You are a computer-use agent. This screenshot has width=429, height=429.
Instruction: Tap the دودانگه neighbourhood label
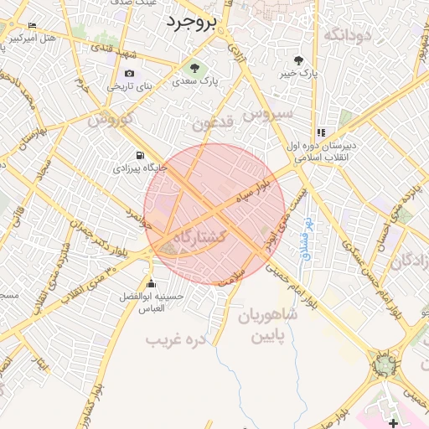click(x=346, y=34)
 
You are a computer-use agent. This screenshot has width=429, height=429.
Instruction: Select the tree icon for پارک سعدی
click(x=195, y=69)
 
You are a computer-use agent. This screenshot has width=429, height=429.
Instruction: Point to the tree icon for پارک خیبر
click(x=299, y=60)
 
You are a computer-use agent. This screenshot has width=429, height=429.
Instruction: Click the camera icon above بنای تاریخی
click(x=129, y=73)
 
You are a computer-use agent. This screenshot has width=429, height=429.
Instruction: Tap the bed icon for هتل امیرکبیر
click(x=33, y=27)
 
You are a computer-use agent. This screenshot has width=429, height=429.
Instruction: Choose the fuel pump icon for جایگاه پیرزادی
click(x=139, y=155)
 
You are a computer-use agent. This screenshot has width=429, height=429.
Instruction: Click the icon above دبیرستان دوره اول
click(x=321, y=132)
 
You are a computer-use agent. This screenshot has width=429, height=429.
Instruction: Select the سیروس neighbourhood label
click(x=266, y=111)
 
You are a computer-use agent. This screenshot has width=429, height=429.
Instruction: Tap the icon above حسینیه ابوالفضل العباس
click(x=151, y=282)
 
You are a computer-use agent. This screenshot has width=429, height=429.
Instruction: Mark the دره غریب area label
click(x=175, y=340)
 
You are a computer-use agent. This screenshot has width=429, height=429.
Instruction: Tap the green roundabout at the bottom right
click(x=385, y=364)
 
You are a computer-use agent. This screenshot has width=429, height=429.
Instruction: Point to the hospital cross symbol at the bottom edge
click(x=394, y=423)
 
